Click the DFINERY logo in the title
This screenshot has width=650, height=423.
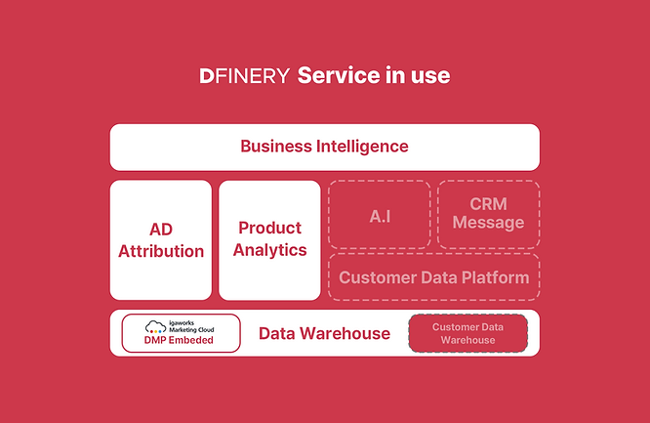(x=244, y=76)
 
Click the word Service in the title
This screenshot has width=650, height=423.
(x=339, y=75)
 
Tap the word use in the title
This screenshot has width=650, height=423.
(x=430, y=76)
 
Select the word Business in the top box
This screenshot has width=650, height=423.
(x=276, y=147)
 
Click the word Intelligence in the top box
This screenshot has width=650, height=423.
(x=362, y=147)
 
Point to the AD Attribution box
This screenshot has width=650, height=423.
(x=161, y=240)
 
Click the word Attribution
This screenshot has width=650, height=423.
(x=161, y=251)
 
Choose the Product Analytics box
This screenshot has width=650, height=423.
(x=269, y=240)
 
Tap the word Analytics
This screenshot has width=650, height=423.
(x=270, y=250)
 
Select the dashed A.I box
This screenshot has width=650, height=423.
(x=380, y=214)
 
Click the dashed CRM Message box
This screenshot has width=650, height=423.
(x=489, y=214)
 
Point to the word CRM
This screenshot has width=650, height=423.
(x=488, y=204)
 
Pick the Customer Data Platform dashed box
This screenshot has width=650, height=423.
(x=434, y=276)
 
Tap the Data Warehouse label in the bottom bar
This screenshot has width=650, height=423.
(x=325, y=333)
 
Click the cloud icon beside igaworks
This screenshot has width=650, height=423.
(x=155, y=326)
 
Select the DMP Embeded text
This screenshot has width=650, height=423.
(x=179, y=340)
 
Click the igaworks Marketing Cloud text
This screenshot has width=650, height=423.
(x=191, y=326)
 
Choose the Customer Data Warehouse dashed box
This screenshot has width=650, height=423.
(x=468, y=333)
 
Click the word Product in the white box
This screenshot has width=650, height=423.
(x=270, y=228)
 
